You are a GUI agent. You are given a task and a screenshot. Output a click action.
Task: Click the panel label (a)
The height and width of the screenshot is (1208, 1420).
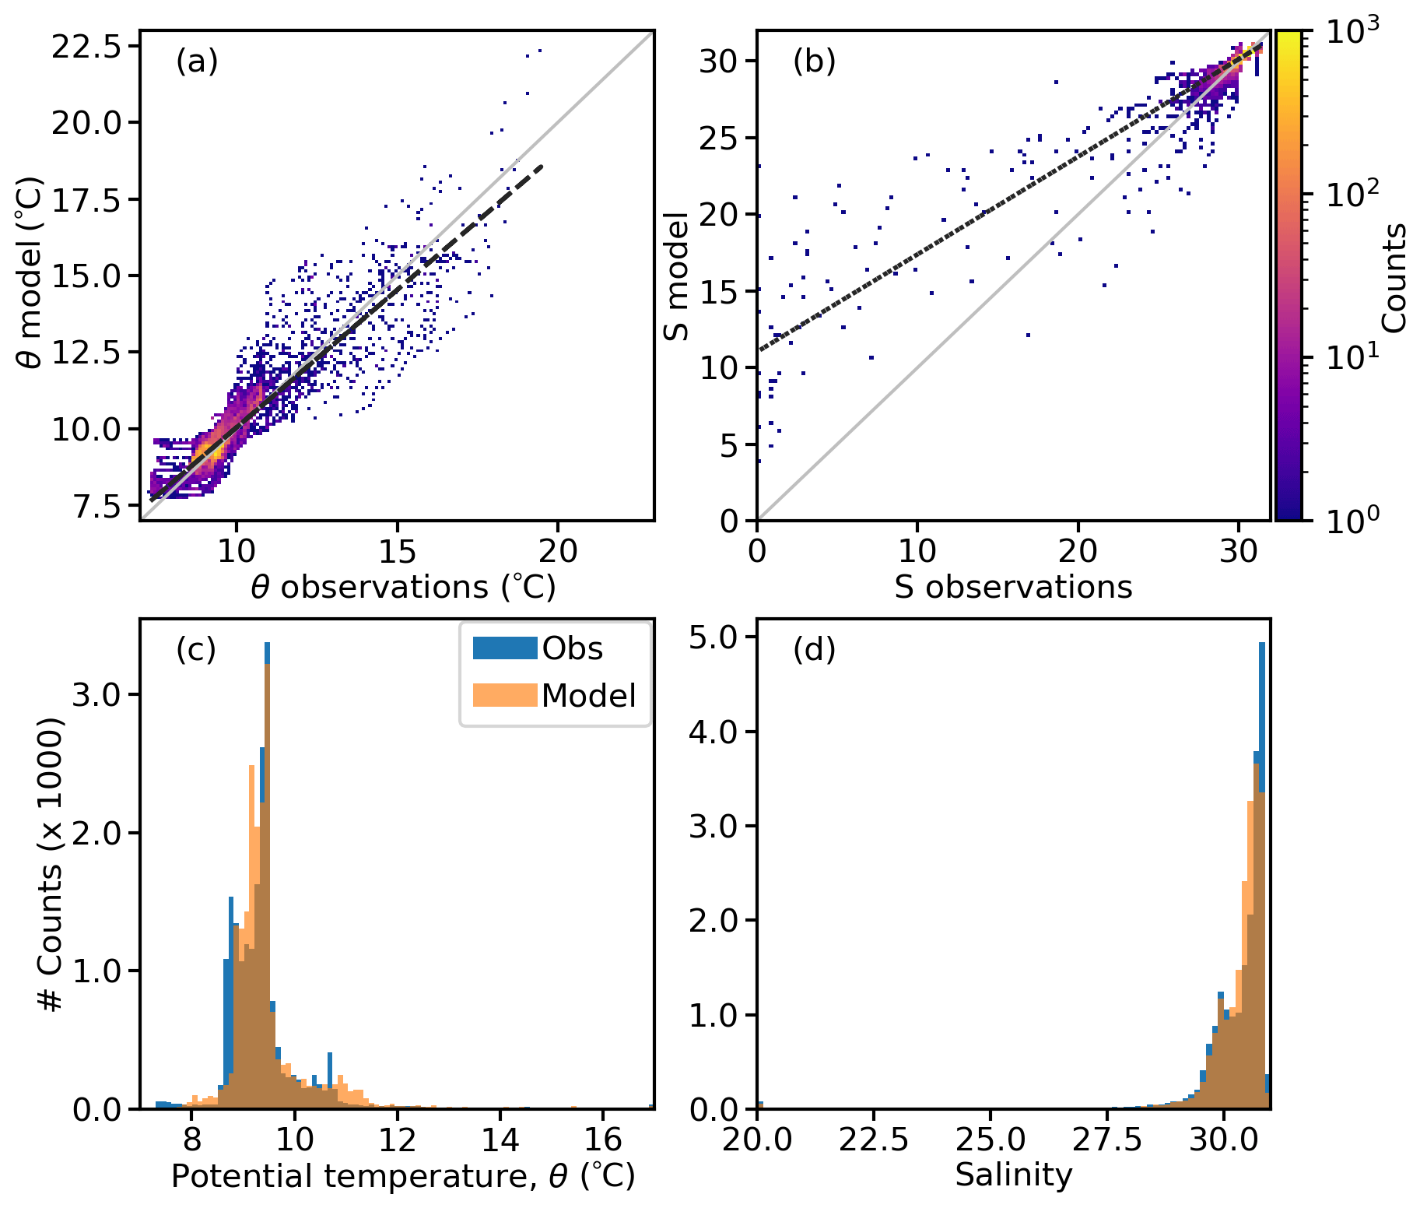pos(197,61)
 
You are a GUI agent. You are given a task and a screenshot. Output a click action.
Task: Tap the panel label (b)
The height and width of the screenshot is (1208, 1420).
pos(814,61)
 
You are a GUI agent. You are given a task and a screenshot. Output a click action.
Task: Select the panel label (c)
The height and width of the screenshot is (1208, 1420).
pos(196,648)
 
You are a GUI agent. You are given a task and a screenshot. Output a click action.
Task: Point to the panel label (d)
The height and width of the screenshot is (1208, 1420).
pos(814,648)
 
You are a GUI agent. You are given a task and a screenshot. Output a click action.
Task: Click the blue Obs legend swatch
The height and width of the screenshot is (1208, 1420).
pos(505,648)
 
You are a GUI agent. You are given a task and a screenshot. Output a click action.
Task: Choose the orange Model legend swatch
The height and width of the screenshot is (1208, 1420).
pos(505,695)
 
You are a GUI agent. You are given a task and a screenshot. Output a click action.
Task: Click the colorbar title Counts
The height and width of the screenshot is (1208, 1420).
pos(1395,277)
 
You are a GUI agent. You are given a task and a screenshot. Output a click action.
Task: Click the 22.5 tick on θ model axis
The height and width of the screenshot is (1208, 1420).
pos(86,47)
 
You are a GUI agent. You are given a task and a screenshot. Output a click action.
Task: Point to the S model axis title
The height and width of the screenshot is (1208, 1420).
pos(676,277)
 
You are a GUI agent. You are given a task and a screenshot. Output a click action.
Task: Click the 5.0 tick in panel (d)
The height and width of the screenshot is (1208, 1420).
pos(713,637)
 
